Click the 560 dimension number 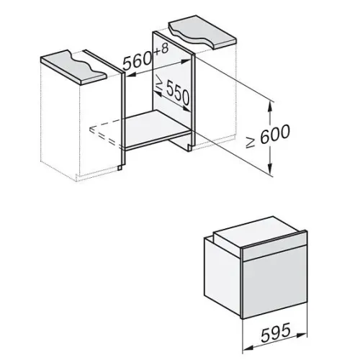138,60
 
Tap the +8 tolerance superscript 161,50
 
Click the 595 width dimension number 275,332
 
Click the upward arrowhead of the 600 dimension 270,106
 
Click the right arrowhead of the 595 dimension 302,335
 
